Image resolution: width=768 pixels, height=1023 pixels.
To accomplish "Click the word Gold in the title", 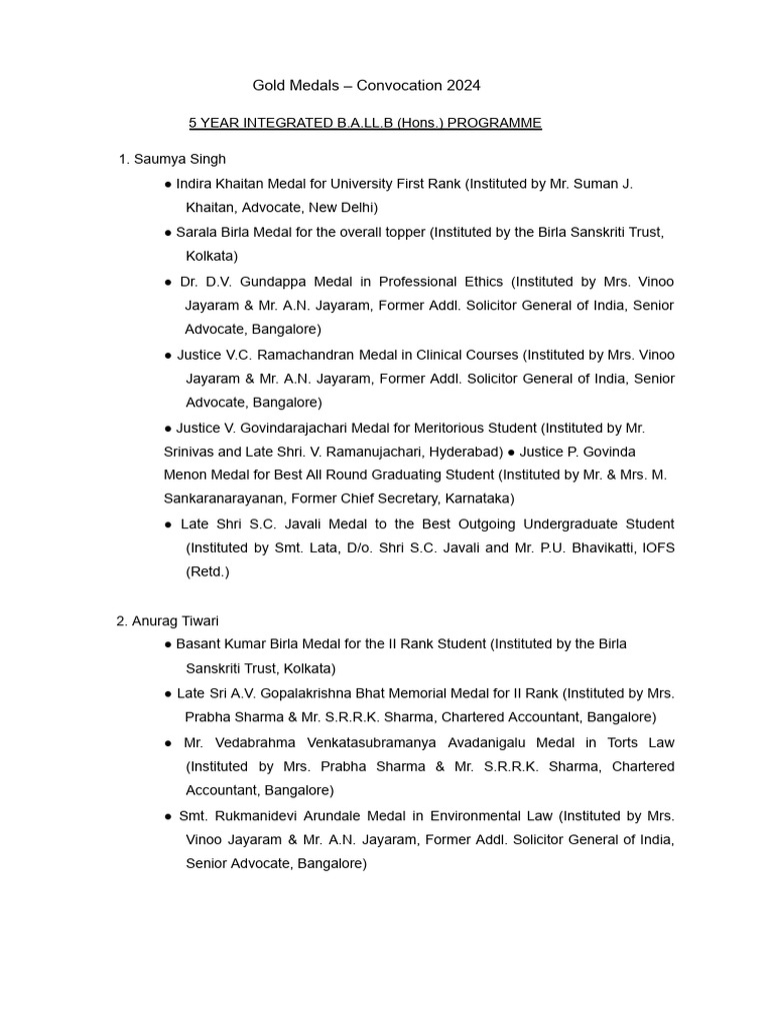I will [269, 86].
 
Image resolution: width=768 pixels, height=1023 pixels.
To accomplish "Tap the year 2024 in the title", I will [460, 86].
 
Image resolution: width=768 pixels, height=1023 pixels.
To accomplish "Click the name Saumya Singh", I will [180, 159].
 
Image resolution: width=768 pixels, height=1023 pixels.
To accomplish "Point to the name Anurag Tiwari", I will [176, 620].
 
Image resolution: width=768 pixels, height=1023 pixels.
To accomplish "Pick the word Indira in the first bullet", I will [196, 184].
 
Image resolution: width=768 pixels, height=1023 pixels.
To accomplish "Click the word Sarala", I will [197, 232].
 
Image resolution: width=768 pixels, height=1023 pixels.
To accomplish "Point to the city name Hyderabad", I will [466, 452].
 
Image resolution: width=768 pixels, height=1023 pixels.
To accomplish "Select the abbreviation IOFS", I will [657, 547].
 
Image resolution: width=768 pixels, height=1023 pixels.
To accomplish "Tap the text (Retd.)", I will [207, 571].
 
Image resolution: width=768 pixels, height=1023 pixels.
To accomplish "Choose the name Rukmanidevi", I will [254, 816].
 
